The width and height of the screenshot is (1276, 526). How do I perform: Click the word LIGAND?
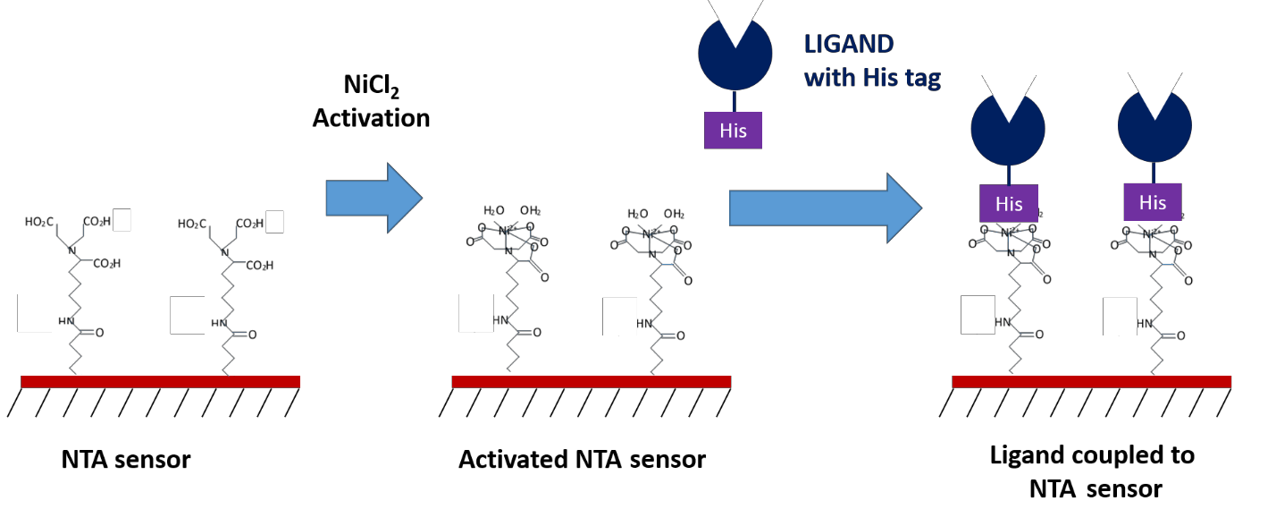(x=849, y=44)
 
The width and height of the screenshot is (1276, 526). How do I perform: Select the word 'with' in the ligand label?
(x=830, y=78)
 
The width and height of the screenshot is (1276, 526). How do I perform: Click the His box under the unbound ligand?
(x=733, y=131)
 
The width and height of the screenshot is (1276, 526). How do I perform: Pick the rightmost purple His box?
(x=1152, y=202)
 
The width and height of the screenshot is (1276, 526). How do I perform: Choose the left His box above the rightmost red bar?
(x=1009, y=204)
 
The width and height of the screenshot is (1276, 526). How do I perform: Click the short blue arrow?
(x=373, y=198)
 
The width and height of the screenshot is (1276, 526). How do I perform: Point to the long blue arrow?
(x=825, y=208)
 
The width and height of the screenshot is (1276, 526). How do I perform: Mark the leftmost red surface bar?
(x=161, y=382)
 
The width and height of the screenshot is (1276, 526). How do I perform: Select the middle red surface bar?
(x=592, y=382)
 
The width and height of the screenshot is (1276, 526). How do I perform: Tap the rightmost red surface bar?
(x=1091, y=382)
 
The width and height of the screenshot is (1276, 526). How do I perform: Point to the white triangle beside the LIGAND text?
(x=735, y=20)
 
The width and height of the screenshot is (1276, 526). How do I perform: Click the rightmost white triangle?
(x=1154, y=92)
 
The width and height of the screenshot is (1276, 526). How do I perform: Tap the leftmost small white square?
(x=122, y=220)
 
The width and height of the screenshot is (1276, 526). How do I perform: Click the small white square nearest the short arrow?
(x=274, y=222)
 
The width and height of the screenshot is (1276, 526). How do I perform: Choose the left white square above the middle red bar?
(x=475, y=313)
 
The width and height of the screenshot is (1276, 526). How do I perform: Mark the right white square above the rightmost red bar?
(x=1120, y=317)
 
